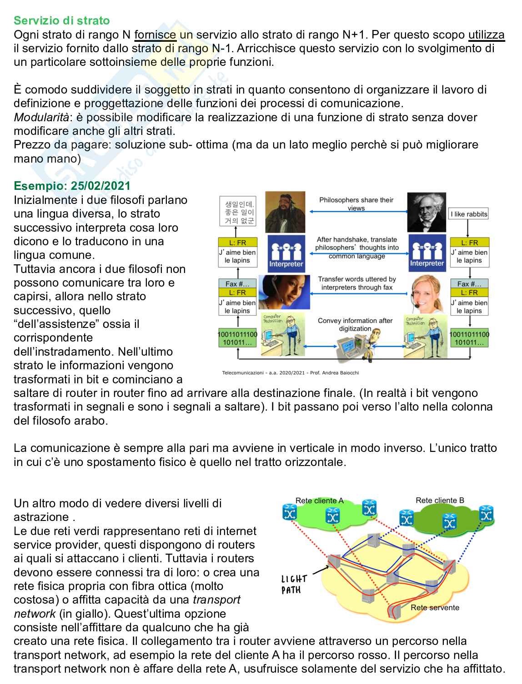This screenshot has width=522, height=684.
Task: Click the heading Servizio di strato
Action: [62, 21]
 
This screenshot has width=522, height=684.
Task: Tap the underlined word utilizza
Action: [487, 35]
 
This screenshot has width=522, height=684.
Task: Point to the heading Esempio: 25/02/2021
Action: [72, 186]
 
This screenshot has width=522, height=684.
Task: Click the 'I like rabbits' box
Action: [468, 214]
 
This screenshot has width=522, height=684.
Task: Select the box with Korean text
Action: [238, 211]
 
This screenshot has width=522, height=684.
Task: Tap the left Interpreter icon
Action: [286, 252]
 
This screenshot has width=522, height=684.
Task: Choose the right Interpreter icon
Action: [427, 252]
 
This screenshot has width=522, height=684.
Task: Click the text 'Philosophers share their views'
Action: [356, 204]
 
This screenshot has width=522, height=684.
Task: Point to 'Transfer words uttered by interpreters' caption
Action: [357, 283]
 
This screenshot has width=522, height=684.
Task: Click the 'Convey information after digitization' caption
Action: [355, 324]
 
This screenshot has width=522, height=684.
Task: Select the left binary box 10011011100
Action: [238, 338]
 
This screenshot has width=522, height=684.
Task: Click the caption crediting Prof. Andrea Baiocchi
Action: [291, 373]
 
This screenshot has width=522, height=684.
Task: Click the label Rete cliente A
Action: [319, 501]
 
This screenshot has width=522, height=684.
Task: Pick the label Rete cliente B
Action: [440, 500]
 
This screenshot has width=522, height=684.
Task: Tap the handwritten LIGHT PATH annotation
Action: [294, 584]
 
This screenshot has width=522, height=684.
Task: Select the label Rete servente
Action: [435, 607]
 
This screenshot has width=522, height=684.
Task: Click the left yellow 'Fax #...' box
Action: [238, 284]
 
